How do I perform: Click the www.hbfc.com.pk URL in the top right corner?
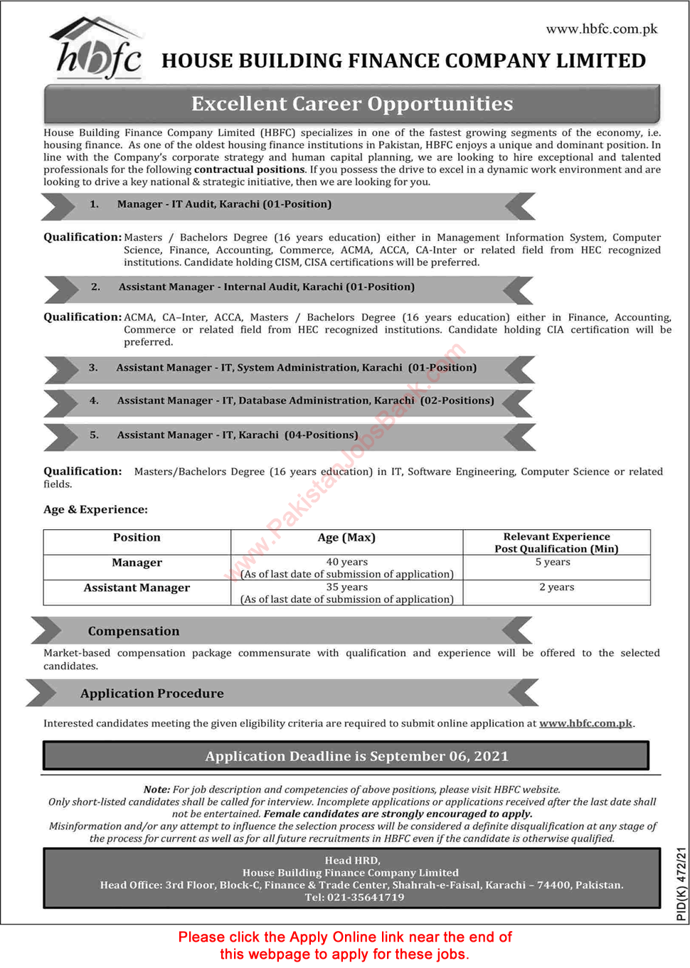[601, 29]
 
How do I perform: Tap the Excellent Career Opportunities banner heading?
[352, 104]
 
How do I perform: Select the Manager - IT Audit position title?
[224, 204]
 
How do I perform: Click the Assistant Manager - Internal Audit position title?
[266, 287]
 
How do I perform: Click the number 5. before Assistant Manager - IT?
[94, 435]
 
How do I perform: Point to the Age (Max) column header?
[346, 538]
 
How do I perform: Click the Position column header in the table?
[137, 538]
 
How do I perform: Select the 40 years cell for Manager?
[346, 562]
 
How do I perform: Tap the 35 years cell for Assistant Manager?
[346, 587]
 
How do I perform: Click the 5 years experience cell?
[556, 562]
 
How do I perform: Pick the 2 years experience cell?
[556, 587]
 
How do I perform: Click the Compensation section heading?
[134, 632]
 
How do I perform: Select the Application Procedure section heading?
[152, 693]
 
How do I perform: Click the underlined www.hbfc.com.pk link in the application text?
[585, 723]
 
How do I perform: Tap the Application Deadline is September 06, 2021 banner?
[356, 756]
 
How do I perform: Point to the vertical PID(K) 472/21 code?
[681, 883]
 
